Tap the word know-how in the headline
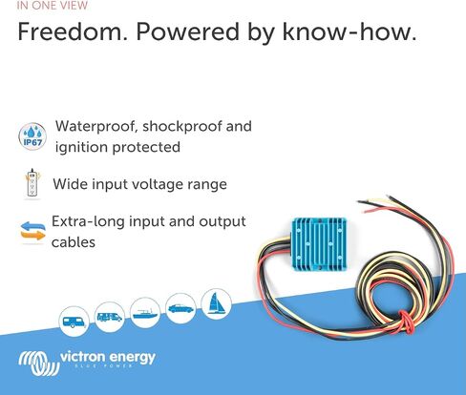[x=349, y=31]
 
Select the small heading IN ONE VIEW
[x=53, y=6]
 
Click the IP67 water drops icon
[x=32, y=136]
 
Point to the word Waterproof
[x=96, y=127]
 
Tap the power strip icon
[x=32, y=183]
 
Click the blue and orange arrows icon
[x=32, y=231]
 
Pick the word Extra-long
[x=88, y=221]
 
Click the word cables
[x=74, y=242]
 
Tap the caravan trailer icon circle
[x=74, y=322]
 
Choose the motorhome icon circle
[x=110, y=317]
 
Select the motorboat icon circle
[x=145, y=313]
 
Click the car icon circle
[x=180, y=308]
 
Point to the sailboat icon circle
[x=217, y=304]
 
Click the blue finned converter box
[x=319, y=244]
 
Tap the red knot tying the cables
[x=407, y=322]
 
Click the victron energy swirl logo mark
[x=39, y=363]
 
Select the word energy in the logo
[x=132, y=358]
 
